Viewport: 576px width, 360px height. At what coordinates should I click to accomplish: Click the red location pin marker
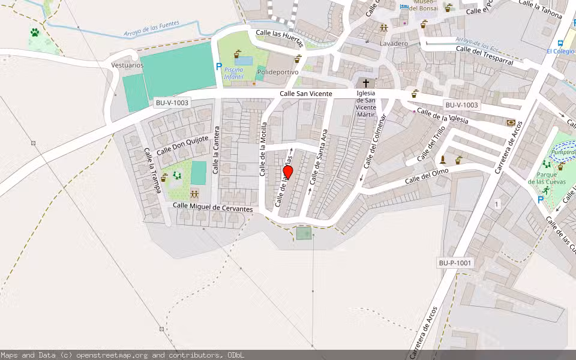[287, 172]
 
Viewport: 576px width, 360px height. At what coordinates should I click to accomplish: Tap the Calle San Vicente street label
[306, 94]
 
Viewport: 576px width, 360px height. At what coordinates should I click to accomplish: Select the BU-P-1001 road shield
[455, 263]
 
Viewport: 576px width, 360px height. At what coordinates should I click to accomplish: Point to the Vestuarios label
[127, 65]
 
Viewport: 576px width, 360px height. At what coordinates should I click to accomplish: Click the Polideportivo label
[277, 72]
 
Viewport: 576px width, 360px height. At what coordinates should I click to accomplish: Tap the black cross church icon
[365, 83]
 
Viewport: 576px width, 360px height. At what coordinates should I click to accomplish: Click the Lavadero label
[394, 44]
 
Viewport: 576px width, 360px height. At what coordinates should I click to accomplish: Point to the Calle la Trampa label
[152, 170]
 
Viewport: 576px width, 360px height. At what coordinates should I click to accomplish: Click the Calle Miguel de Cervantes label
[212, 207]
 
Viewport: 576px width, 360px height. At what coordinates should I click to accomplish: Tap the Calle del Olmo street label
[427, 176]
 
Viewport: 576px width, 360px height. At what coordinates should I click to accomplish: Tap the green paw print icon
[35, 32]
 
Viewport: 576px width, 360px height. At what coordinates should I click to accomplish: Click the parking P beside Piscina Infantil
[219, 67]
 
